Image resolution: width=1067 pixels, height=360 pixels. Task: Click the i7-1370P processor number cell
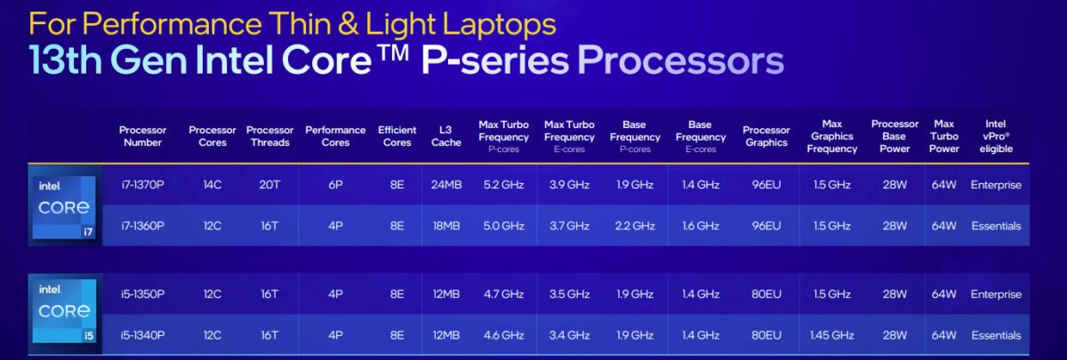point(142,185)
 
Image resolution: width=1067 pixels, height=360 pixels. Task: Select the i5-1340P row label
point(142,335)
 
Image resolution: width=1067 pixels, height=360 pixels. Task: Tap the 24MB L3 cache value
point(446,185)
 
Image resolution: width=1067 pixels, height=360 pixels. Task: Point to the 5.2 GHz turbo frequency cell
point(503,185)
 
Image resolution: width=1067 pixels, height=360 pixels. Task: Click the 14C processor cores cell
point(213,185)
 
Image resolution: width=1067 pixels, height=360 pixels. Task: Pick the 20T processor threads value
point(269,185)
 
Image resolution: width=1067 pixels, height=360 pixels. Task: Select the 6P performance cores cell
point(335,185)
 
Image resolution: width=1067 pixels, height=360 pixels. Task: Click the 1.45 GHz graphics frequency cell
point(831,335)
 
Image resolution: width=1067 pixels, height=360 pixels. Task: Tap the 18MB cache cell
point(446,226)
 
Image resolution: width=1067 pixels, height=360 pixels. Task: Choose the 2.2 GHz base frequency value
point(635,226)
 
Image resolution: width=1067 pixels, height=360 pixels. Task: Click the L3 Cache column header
point(445,136)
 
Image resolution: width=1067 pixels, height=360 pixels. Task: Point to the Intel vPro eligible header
point(996,136)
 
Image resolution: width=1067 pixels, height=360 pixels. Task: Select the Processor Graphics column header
point(766,136)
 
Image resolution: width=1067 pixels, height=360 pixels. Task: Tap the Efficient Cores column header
point(397,136)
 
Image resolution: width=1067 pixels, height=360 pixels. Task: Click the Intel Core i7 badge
point(64,207)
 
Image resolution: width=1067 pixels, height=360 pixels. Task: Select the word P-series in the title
point(495,61)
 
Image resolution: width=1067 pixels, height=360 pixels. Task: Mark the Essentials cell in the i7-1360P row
point(996,226)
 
